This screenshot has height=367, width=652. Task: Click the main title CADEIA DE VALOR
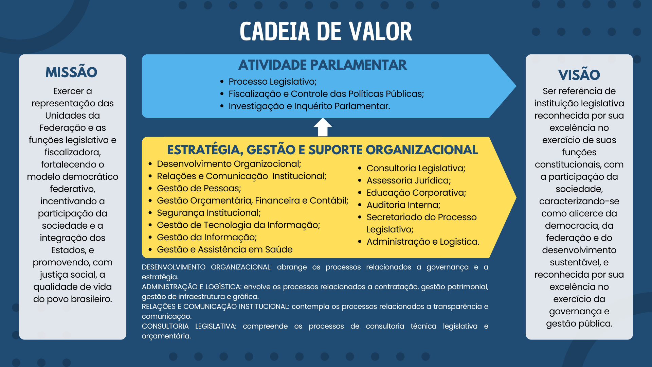click(326, 32)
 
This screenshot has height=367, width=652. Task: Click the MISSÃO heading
click(71, 72)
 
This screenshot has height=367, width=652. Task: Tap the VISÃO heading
click(579, 75)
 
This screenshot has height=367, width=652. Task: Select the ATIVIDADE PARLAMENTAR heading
click(322, 65)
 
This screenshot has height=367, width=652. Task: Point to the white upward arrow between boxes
click(323, 127)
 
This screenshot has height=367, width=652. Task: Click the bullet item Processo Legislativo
click(272, 82)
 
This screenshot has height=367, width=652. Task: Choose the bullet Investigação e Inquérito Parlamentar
click(309, 106)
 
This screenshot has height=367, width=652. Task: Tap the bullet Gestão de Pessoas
click(199, 188)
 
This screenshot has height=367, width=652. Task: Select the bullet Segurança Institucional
click(209, 213)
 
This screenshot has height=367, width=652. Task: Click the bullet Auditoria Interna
click(403, 205)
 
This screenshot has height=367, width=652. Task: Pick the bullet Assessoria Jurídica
click(409, 180)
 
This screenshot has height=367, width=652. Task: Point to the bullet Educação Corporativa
click(416, 193)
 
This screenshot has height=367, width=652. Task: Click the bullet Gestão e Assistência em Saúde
click(224, 249)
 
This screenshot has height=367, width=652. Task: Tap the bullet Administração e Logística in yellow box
click(423, 242)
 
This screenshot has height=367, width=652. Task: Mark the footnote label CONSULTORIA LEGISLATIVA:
click(189, 326)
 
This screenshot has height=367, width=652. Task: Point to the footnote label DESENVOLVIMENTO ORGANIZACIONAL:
click(206, 267)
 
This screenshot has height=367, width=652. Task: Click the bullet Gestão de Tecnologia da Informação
click(238, 225)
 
